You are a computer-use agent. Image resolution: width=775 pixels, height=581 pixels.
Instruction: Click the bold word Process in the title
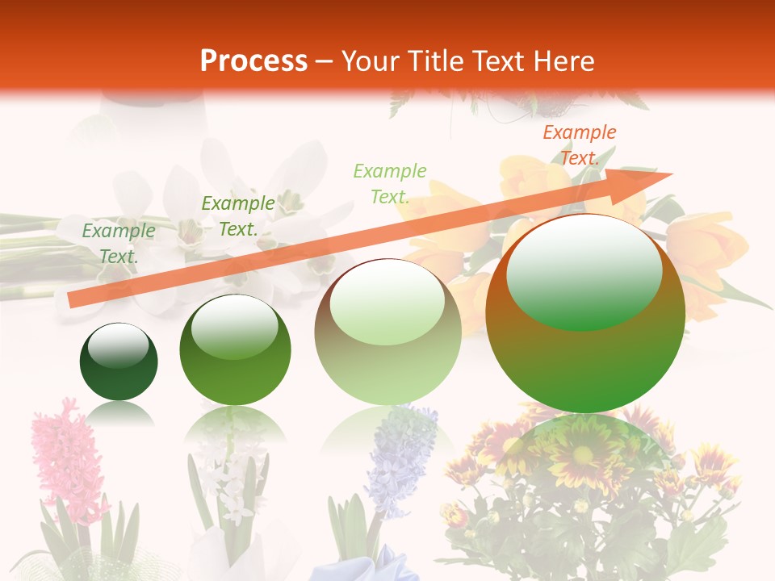coord(253,61)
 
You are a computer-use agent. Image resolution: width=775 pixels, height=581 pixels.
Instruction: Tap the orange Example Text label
coord(580,145)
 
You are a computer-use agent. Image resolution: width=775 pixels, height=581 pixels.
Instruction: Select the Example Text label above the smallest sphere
coord(119,244)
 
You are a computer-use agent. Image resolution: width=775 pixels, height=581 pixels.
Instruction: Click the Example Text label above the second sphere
coord(237,216)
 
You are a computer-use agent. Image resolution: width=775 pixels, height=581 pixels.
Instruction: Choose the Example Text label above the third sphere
coord(389,183)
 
